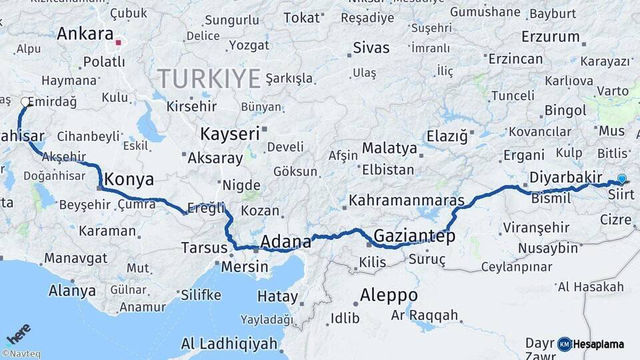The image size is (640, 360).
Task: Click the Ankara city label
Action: click(x=85, y=34)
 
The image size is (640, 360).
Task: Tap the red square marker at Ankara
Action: click(x=119, y=43)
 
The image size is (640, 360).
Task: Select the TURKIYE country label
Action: click(x=209, y=79)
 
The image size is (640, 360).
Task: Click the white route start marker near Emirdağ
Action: click(x=25, y=102)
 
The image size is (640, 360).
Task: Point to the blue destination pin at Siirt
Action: click(x=621, y=178)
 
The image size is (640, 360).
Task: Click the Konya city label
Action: click(x=129, y=179)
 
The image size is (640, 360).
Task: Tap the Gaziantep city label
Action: click(x=414, y=235)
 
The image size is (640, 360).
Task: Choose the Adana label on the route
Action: click(x=286, y=241)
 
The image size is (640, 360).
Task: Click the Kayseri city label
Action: click(x=229, y=134)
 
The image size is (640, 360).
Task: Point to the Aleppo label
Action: click(x=389, y=295)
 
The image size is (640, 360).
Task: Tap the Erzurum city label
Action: click(x=551, y=36)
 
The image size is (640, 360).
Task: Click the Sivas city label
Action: click(x=371, y=48)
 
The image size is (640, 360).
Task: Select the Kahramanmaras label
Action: click(x=406, y=200)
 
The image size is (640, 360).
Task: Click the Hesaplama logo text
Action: click(x=598, y=344)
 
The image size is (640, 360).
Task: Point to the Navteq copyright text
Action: click(x=21, y=354)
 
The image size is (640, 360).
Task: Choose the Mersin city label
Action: click(x=245, y=267)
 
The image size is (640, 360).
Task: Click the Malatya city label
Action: click(x=389, y=147)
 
